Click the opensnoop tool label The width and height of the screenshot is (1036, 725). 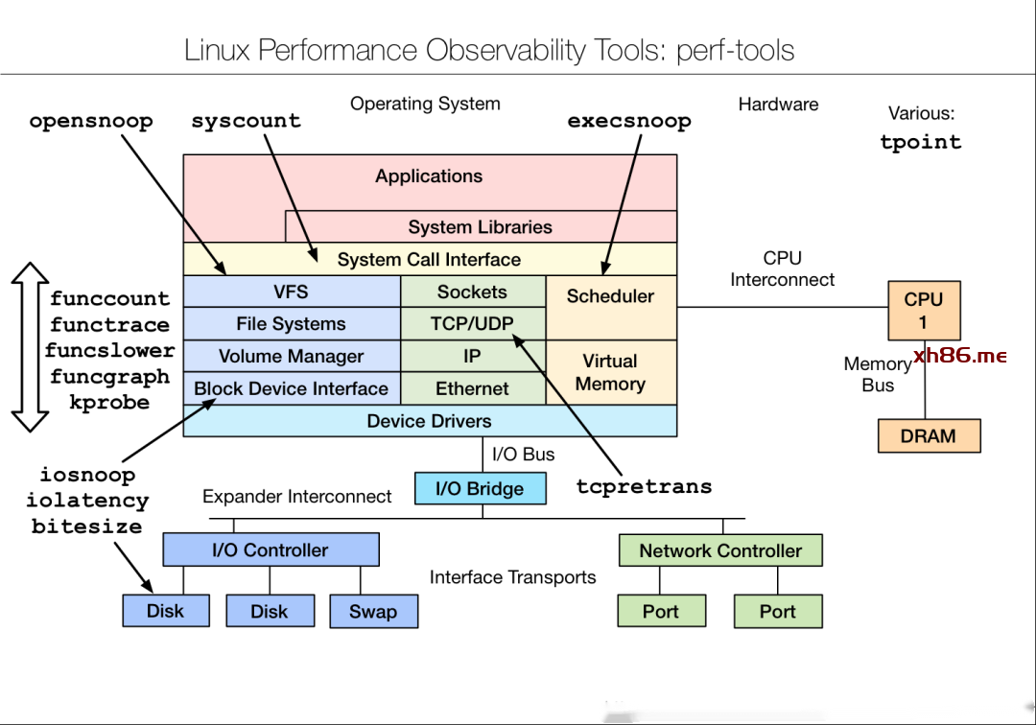coord(91,122)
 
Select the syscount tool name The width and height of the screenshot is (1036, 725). coord(246,122)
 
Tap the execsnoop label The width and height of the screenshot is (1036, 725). coord(629,122)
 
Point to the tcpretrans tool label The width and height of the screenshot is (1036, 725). coord(644,486)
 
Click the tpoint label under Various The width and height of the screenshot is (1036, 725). coord(920,142)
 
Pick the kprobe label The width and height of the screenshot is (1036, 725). coord(109,403)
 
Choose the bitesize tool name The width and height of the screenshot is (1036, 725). coord(86,526)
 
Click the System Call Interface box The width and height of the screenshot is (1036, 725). coord(429,259)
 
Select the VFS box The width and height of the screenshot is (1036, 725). coord(291,292)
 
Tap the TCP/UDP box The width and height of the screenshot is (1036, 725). coord(472,324)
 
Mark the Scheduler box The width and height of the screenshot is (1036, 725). coord(610,296)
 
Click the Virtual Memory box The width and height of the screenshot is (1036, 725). coord(610,372)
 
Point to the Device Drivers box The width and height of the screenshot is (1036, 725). coord(429,421)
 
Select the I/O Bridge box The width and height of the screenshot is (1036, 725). coord(480,488)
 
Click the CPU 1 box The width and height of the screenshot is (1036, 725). coord(923,311)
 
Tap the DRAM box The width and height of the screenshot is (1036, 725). coord(928,436)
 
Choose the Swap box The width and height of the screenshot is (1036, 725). coord(373,611)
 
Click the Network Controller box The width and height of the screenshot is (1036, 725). coord(720,550)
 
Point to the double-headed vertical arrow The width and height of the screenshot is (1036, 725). coord(30,347)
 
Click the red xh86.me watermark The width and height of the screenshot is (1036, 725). coord(959,356)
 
